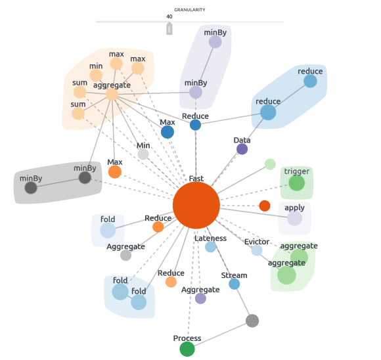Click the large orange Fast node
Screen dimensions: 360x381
coord(196,205)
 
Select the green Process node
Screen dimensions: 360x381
coord(187,349)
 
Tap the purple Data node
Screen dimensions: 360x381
coord(242,149)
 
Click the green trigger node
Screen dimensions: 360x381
coord(297,183)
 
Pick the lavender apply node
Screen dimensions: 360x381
coord(295,218)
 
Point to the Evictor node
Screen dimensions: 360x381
coord(257,250)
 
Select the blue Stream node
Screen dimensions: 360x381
coord(234,284)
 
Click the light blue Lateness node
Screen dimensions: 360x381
coord(210,247)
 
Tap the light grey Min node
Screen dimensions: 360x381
coord(143,154)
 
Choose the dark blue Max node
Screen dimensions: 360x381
coord(168,132)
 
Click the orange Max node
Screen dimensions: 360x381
coord(115,172)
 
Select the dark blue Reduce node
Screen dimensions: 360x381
coord(195,125)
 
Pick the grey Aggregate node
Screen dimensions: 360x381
coord(125,256)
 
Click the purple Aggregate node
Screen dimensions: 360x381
coord(200,298)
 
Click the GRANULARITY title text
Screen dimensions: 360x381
coord(189,10)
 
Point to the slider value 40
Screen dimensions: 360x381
coord(169,17)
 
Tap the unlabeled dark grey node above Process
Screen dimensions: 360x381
coord(252,321)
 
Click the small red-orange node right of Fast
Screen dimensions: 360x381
coord(265,206)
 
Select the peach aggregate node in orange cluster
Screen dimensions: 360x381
coord(112,95)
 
